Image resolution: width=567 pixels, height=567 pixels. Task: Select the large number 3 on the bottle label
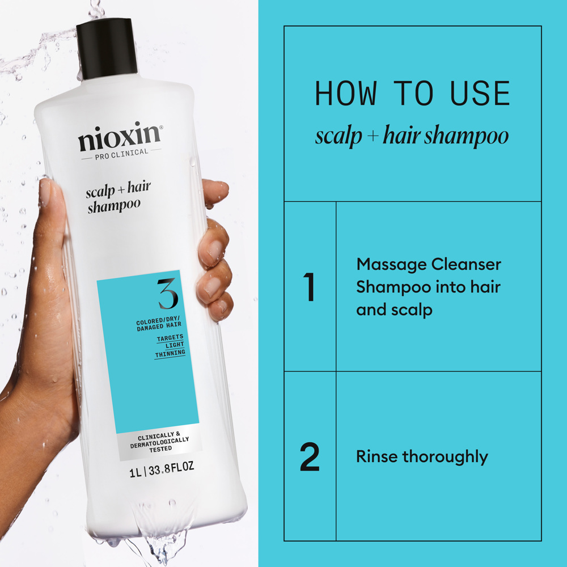pos(168,295)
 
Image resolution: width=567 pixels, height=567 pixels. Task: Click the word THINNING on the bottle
pos(170,353)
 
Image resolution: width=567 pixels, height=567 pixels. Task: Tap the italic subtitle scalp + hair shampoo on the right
pos(412,136)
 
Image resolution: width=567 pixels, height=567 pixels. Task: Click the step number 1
pos(309,287)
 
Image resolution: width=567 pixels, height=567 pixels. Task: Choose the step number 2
pos(310,457)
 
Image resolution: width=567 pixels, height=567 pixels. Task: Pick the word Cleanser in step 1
pos(466,264)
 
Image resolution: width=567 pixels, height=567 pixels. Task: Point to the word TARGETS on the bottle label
pos(170,338)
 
